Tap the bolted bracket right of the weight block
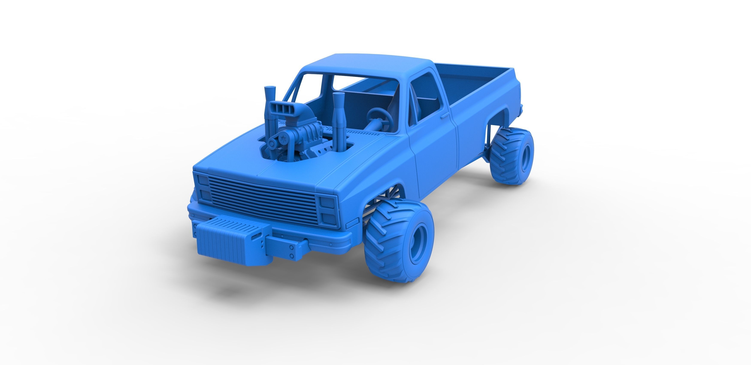pyautogui.click(x=289, y=251)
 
